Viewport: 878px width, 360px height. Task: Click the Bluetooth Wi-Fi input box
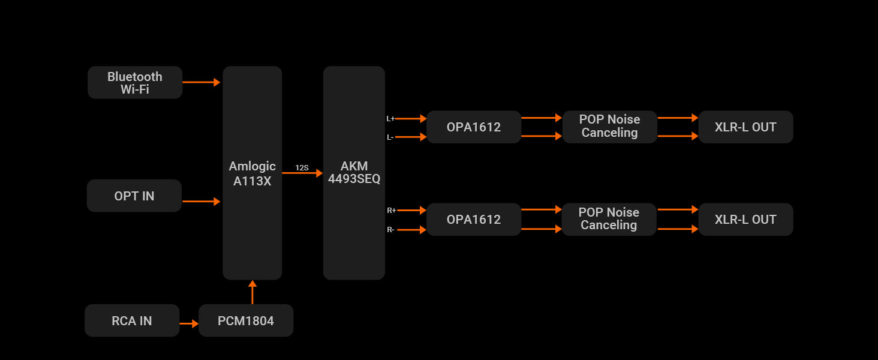(135, 83)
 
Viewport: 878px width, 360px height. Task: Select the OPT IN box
(134, 196)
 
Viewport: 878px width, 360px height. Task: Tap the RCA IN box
(132, 320)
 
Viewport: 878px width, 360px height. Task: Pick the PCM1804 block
(246, 320)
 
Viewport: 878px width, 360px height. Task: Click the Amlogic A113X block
(252, 173)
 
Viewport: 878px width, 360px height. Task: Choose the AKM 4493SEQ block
(354, 173)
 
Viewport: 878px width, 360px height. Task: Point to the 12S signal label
(302, 168)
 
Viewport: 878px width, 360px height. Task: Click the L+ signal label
(390, 119)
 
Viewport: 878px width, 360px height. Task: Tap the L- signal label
(390, 137)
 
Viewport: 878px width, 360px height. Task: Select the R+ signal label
(391, 211)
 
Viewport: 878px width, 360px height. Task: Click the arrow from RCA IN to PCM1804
(189, 324)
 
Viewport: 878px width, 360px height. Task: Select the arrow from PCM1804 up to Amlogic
(252, 292)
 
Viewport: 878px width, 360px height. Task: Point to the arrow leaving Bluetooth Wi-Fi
(202, 82)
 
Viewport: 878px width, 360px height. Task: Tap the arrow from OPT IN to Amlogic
(202, 202)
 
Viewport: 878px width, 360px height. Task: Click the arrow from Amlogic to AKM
(302, 173)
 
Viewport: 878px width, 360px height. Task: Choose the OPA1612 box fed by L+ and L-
(474, 127)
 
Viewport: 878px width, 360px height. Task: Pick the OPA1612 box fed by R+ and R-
(474, 219)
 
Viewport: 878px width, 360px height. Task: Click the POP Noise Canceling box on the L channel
(609, 126)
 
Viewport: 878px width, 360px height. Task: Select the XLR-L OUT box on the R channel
(745, 219)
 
